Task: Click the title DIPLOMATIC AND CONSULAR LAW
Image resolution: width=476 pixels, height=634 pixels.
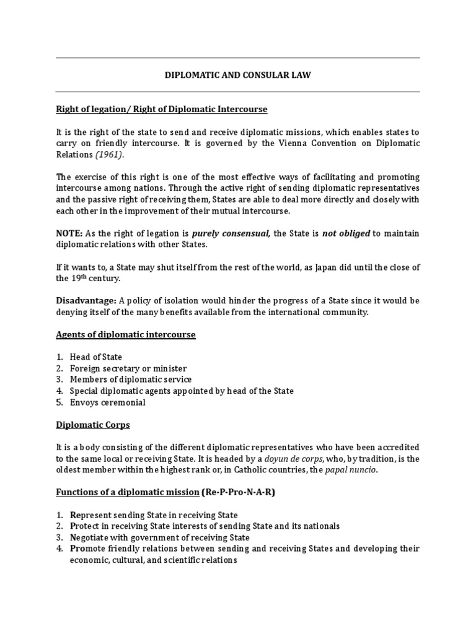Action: click(x=237, y=75)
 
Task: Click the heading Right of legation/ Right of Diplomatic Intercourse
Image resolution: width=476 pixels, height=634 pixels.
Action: click(x=162, y=109)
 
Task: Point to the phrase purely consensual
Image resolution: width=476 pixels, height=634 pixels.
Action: click(x=231, y=233)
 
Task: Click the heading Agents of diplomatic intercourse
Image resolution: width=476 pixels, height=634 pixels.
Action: click(x=126, y=334)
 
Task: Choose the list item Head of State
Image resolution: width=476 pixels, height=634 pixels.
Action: click(x=95, y=357)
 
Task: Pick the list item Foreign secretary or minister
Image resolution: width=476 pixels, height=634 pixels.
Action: click(x=128, y=368)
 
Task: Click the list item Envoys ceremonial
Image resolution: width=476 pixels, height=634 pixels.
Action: click(x=107, y=402)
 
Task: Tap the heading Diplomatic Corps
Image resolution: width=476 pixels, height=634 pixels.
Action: click(x=93, y=425)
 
